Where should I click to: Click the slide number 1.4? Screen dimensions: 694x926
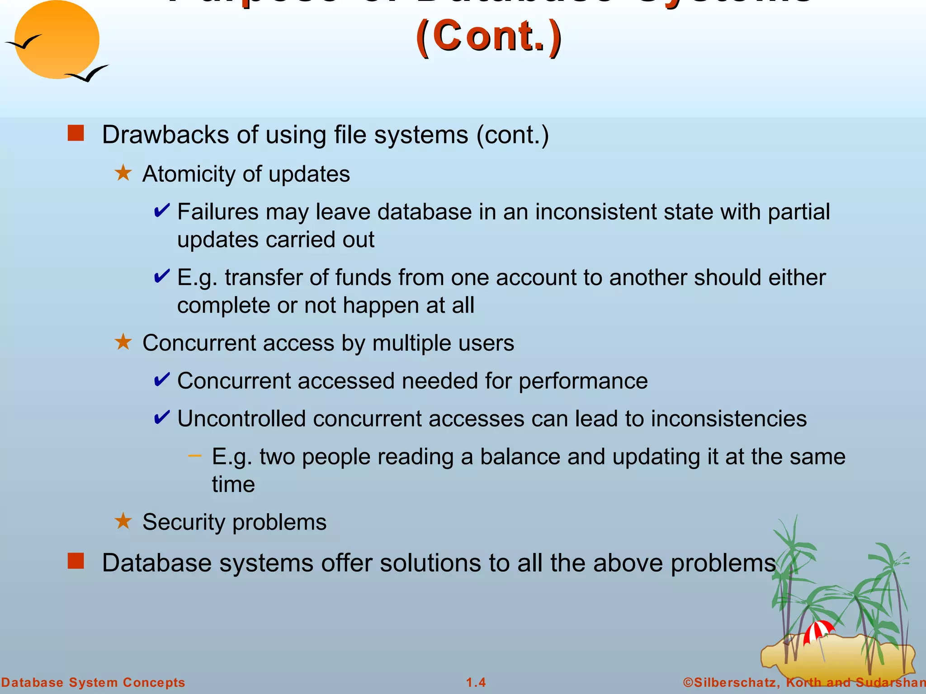click(x=476, y=682)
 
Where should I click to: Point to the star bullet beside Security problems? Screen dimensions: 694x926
click(x=123, y=521)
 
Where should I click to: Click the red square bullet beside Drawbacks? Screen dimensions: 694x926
click(x=76, y=134)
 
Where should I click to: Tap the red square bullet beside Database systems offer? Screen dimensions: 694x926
click(x=76, y=561)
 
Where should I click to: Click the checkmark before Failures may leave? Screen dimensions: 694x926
click(x=162, y=211)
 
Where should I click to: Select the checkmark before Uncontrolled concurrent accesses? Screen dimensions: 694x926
click(x=162, y=417)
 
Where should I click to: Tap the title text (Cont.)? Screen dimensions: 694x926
click(x=489, y=36)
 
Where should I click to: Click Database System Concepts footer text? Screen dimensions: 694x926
click(x=93, y=682)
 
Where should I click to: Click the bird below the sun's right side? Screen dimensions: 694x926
click(x=88, y=74)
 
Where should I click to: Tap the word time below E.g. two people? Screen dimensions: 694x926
click(x=233, y=484)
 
